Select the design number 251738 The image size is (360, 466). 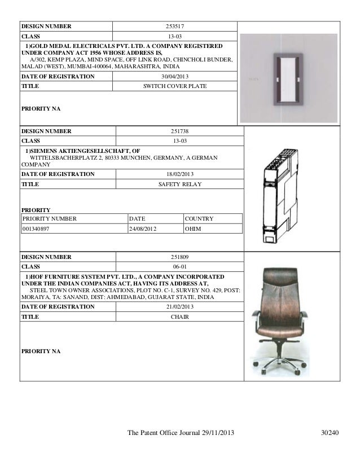point(179,131)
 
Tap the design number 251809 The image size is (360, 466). point(179,257)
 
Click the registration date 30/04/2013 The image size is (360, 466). point(175,76)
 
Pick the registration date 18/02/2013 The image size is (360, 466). point(179,174)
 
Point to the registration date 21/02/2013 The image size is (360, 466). point(179,307)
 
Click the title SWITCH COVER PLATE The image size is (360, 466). point(175,86)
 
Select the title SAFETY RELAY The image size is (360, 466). point(179,184)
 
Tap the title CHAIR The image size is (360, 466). point(179,317)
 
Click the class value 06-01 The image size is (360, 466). point(179,267)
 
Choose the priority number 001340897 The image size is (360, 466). point(36,230)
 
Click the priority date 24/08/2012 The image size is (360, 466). point(143,230)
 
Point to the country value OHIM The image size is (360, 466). point(194,230)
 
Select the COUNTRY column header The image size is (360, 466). point(199,219)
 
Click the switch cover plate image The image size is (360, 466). point(288,79)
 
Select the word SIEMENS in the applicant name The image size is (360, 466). point(45,152)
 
